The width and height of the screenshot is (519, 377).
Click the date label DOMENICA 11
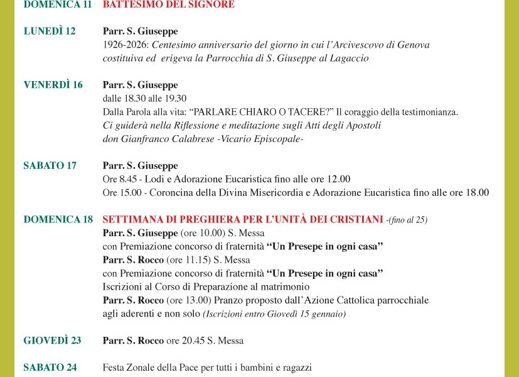(57, 4)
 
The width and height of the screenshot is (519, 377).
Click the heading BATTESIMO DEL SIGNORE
(168, 4)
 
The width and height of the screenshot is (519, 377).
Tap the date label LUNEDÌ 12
(50, 31)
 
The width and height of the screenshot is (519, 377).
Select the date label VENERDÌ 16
(53, 85)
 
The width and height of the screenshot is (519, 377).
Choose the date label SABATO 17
(50, 166)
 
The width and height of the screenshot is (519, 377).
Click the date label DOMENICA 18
(58, 219)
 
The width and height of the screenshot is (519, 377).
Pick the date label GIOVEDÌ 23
(52, 341)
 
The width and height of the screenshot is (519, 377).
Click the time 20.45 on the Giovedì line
(194, 341)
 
